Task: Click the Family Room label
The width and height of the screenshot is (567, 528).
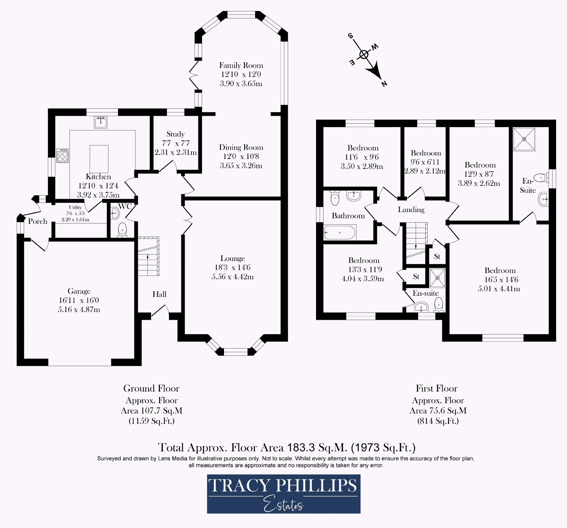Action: (241, 65)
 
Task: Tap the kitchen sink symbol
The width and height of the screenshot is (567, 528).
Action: (101, 122)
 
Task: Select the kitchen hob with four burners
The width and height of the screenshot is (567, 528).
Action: (63, 156)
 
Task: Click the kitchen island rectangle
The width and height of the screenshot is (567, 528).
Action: (99, 158)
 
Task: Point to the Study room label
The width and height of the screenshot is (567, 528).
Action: (175, 134)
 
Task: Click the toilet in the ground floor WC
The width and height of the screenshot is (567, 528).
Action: (122, 229)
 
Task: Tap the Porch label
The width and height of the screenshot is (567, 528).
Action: (38, 221)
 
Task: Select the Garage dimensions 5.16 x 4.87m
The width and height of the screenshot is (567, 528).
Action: (79, 310)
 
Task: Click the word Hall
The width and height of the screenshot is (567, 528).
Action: (159, 294)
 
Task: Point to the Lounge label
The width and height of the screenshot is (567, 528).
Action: (232, 259)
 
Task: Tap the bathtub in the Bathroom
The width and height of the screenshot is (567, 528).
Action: (339, 233)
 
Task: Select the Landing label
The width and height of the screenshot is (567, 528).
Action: (411, 210)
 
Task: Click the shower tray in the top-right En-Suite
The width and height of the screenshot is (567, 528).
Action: (524, 139)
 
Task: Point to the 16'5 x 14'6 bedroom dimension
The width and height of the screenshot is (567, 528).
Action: (501, 279)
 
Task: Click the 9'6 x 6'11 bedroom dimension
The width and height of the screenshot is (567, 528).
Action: (425, 162)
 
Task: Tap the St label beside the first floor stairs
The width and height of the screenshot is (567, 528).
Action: (437, 256)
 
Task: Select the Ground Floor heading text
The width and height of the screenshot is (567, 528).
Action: (151, 388)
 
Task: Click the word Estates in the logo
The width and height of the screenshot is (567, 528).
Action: (283, 505)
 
